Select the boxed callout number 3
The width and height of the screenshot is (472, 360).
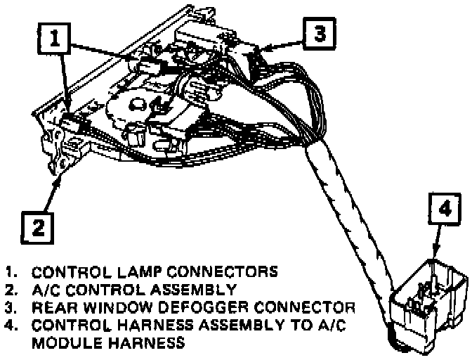[x=320, y=34]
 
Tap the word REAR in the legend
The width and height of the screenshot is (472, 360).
[x=58, y=308]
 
